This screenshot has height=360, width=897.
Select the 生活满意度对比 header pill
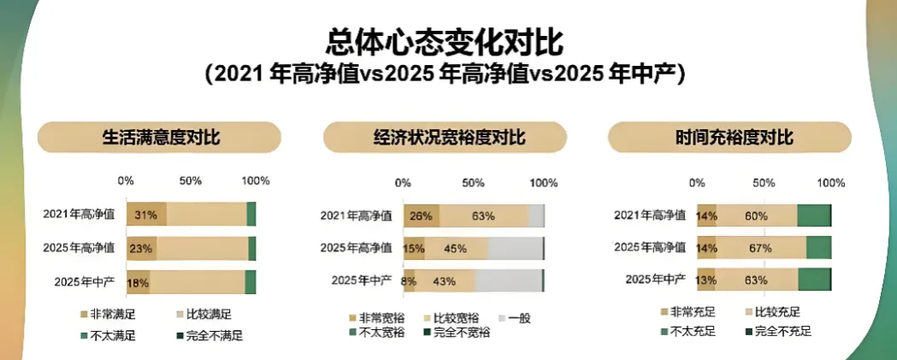(160, 138)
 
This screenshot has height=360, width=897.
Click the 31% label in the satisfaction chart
(145, 215)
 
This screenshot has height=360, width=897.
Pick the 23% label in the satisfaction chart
(141, 249)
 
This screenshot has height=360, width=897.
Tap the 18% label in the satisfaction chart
(139, 282)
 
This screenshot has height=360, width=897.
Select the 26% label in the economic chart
(421, 216)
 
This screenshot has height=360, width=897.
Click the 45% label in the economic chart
(455, 249)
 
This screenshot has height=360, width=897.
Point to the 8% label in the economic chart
(409, 280)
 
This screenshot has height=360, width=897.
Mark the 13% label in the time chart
(706, 280)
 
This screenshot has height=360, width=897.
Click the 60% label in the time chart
(755, 216)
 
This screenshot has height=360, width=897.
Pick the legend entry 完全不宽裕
(460, 332)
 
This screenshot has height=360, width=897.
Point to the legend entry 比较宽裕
(453, 318)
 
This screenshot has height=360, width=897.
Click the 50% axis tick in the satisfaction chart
(190, 181)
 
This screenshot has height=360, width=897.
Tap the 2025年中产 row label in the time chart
(656, 280)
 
